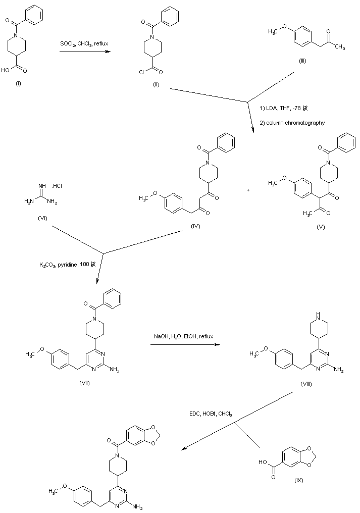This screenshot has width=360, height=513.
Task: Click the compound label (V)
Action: point(321,227)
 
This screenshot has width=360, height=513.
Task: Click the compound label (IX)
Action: point(299,479)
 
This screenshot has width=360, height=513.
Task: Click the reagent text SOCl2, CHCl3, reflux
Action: point(84,44)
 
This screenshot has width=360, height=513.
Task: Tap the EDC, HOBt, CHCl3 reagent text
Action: point(209,414)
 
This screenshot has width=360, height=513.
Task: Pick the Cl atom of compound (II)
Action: point(142,71)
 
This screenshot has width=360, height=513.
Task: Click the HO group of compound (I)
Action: point(6,71)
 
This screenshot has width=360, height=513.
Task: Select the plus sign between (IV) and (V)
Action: point(248,190)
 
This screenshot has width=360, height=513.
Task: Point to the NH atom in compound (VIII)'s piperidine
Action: point(318,314)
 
